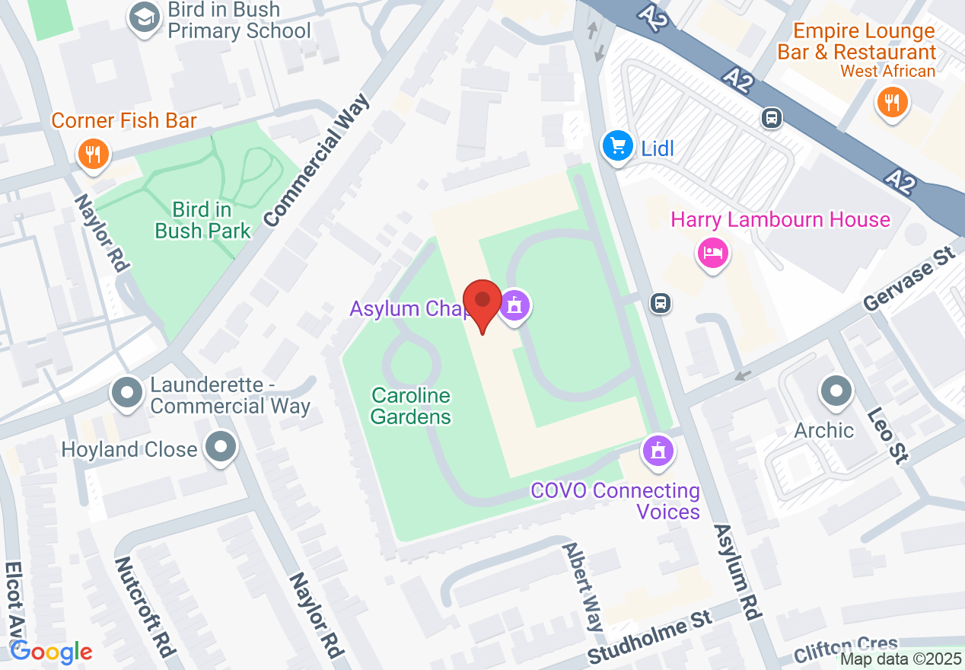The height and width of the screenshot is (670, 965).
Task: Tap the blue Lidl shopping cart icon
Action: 616,145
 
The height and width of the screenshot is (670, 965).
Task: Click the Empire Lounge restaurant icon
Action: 892,101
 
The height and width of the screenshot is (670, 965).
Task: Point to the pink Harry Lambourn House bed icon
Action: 713,252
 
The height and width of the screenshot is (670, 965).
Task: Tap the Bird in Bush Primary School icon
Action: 142,19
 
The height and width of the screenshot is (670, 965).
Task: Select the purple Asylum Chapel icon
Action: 515,306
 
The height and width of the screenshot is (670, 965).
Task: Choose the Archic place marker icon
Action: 836,392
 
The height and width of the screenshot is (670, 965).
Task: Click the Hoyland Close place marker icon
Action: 221,448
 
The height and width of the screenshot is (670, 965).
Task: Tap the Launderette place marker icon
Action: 127,394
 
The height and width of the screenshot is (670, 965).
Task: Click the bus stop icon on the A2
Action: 772,118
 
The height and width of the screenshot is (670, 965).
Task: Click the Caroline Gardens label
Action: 411,406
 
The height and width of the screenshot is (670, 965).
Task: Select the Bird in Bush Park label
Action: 202,220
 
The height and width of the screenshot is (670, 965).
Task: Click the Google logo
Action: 51,652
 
